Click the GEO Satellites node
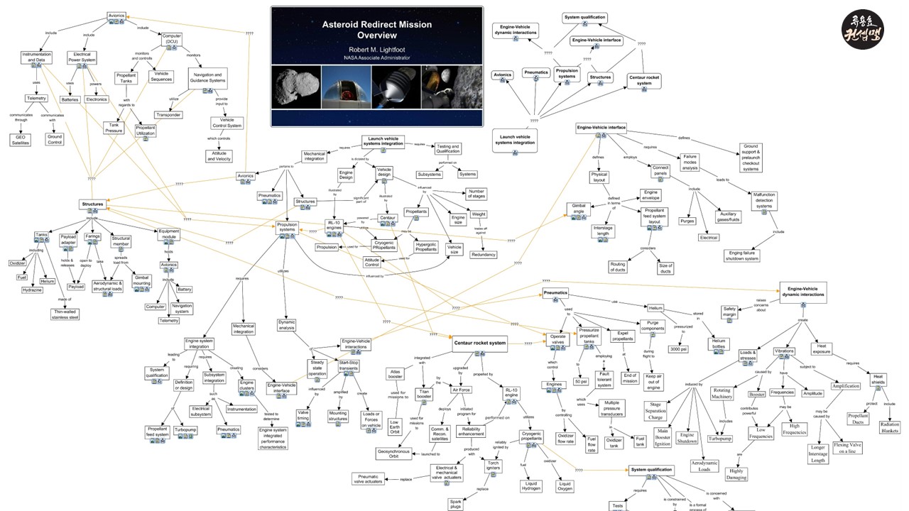click(x=20, y=140)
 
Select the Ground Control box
click(x=55, y=140)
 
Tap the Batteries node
click(x=70, y=100)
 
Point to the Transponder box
click(x=168, y=115)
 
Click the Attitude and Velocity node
click(x=219, y=156)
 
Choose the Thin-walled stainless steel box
click(x=65, y=314)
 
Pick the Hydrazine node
click(x=32, y=290)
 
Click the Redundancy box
click(x=484, y=254)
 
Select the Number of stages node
click(x=477, y=194)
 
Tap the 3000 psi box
click(x=678, y=349)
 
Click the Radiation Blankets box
click(x=889, y=427)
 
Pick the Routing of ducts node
click(x=618, y=267)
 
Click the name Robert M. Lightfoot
click(x=376, y=49)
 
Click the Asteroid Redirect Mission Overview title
click(x=376, y=29)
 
